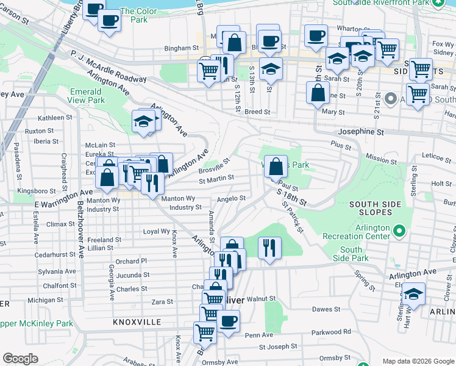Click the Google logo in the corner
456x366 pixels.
[x=20, y=359]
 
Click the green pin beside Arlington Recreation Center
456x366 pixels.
[x=399, y=231]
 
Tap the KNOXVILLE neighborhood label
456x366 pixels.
[x=137, y=321]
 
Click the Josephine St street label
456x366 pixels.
[x=362, y=132]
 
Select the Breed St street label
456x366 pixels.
[x=257, y=112]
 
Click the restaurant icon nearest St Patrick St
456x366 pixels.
[x=269, y=247]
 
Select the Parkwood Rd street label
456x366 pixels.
[x=330, y=332]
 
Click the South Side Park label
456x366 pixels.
[x=351, y=254]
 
